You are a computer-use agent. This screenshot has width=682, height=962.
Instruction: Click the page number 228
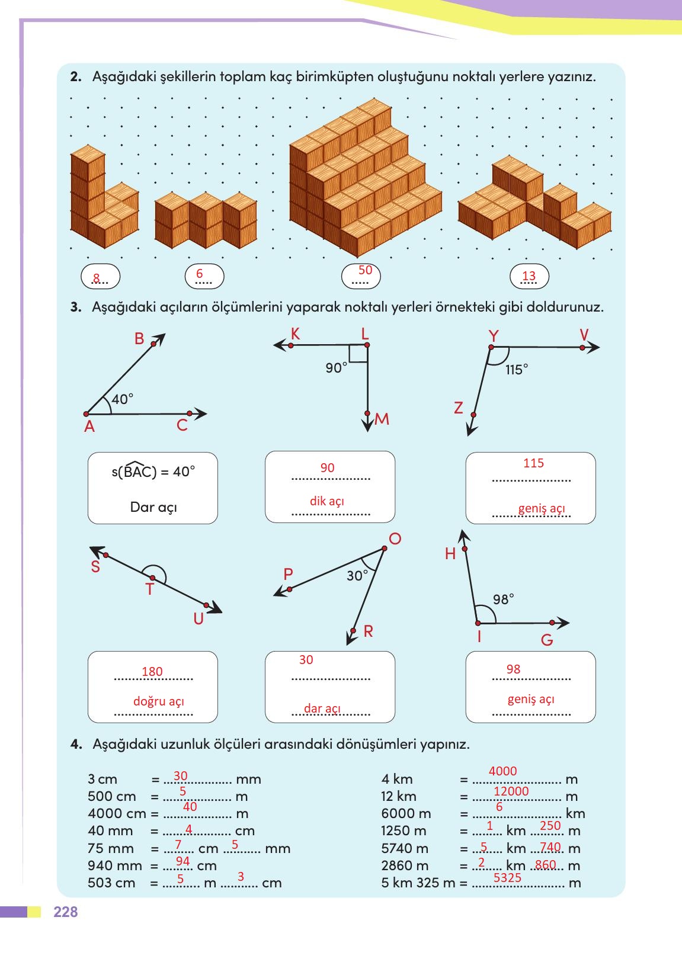(x=65, y=912)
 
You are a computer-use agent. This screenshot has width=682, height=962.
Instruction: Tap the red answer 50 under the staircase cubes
(x=366, y=270)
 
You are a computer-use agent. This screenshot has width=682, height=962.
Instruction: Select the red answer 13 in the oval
(x=529, y=275)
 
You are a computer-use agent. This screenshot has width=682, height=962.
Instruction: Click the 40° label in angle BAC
(x=123, y=399)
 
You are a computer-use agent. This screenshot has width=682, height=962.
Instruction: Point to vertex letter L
(x=365, y=334)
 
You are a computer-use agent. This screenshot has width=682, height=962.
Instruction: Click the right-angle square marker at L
(x=358, y=354)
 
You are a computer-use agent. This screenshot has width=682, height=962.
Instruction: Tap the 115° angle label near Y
(x=517, y=370)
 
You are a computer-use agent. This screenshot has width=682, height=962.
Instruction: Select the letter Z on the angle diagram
(x=458, y=408)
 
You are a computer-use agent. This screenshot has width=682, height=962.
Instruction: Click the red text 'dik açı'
(x=327, y=501)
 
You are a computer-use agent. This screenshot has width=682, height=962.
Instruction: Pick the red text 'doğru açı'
(x=159, y=701)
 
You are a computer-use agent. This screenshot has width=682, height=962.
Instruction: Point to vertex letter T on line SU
(x=149, y=590)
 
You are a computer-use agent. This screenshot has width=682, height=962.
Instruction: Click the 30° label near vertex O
(x=357, y=576)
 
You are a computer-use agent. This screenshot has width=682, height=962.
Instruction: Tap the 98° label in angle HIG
(x=503, y=599)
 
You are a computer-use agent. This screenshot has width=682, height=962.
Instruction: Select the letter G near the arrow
(x=547, y=640)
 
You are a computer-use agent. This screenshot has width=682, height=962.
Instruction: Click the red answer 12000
(x=511, y=791)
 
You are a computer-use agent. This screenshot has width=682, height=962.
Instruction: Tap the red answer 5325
(x=507, y=878)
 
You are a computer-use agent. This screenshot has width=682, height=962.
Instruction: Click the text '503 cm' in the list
(x=111, y=883)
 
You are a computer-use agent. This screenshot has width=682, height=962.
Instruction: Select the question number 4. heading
(x=75, y=744)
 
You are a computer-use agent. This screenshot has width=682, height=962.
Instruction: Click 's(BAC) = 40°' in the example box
(x=153, y=472)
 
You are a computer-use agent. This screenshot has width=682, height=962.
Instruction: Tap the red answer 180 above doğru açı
(x=152, y=671)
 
